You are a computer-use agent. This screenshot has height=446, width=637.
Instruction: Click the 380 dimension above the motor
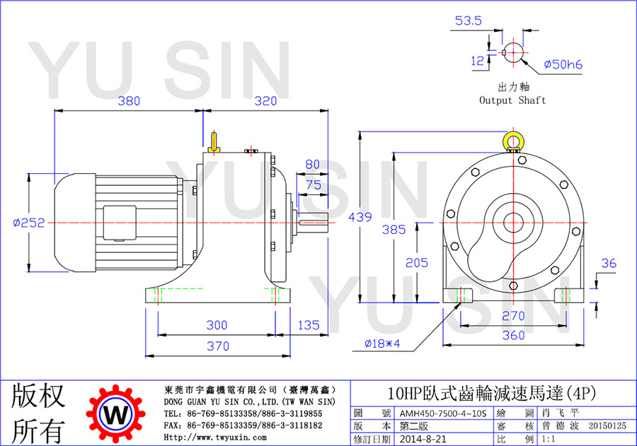[x=129, y=100]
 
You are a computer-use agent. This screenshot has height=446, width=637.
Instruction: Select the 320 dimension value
[x=265, y=100]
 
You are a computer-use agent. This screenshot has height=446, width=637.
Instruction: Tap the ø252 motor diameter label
[x=29, y=223]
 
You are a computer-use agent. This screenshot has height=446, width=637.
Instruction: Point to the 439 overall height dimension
[x=360, y=217]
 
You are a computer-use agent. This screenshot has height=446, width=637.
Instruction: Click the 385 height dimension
[x=394, y=230]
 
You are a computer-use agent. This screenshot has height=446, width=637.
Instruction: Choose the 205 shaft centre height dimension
[x=417, y=262]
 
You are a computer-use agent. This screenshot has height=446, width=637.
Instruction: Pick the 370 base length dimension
[x=218, y=346]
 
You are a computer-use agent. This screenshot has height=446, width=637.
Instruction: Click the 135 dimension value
[x=309, y=325]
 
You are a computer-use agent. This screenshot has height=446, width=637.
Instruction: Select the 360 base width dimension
[x=514, y=335]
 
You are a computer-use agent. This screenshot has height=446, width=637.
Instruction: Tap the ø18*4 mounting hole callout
[x=382, y=344]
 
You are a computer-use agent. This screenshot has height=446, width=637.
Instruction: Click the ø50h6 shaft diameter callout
[x=563, y=64]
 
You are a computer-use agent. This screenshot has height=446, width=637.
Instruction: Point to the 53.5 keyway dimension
[x=469, y=20]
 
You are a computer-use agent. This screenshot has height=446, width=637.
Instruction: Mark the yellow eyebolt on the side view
[x=214, y=142]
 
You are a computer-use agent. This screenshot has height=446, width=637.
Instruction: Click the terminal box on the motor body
[x=120, y=223]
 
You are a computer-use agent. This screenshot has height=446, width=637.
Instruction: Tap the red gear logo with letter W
[x=116, y=414]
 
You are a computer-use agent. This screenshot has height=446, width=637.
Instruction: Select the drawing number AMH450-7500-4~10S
[x=443, y=413]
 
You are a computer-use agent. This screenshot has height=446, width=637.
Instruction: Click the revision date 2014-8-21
[x=423, y=439]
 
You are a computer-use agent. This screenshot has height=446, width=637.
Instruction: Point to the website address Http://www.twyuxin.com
[x=215, y=438]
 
